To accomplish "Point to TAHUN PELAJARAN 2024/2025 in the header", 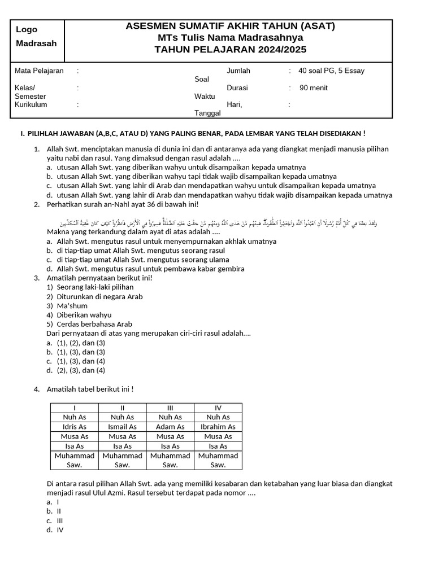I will coord(230,50).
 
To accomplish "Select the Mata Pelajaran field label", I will coord(39,71).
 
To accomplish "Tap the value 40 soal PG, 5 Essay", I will coord(331,71).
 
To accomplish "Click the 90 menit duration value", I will coord(313,88).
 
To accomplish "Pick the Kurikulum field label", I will coord(31,104).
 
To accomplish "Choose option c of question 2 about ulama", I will coord(138,260).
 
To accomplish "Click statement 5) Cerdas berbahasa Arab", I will coord(90,324).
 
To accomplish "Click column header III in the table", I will coord(170,408).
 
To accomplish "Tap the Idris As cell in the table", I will coord(75,427).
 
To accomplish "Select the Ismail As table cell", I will coord(122,427).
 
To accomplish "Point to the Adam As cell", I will coord(170,427).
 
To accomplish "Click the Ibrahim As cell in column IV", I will coord(218,427).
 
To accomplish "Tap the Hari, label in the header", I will coord(234,104).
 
